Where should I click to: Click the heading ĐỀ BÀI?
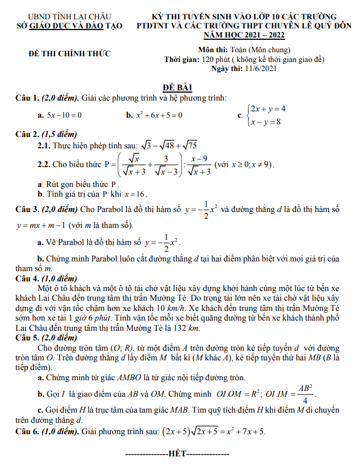(177, 88)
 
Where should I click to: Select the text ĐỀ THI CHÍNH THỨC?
(70, 54)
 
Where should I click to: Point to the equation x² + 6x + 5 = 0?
(159, 115)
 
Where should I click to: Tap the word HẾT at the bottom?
(177, 455)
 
